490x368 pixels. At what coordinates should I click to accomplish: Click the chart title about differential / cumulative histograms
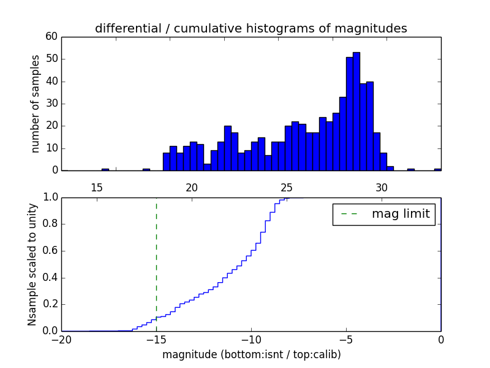[251, 28]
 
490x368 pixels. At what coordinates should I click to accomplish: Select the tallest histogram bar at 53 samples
[356, 111]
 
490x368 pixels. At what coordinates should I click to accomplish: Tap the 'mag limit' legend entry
[383, 214]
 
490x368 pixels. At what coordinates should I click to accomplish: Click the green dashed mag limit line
[156, 264]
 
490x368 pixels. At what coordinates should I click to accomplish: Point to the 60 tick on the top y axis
[51, 37]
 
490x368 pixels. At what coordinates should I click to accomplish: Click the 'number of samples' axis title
[36, 104]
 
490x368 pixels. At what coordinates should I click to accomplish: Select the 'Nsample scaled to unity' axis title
[32, 264]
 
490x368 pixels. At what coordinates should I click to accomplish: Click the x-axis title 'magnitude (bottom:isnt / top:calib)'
[251, 355]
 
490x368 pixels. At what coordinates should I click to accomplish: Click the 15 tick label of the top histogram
[97, 188]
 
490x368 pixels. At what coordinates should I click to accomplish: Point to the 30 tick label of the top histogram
[382, 188]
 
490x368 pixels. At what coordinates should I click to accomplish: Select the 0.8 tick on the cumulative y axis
[50, 224]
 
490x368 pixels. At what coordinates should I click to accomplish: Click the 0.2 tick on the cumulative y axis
[50, 304]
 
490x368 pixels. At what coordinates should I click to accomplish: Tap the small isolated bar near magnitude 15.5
[105, 169]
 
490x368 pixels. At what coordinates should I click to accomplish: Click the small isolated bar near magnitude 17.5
[146, 169]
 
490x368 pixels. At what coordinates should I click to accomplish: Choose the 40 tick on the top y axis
[51, 82]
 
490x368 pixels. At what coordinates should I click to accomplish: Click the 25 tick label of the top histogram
[287, 188]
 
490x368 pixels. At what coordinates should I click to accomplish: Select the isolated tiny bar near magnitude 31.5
[410, 169]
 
